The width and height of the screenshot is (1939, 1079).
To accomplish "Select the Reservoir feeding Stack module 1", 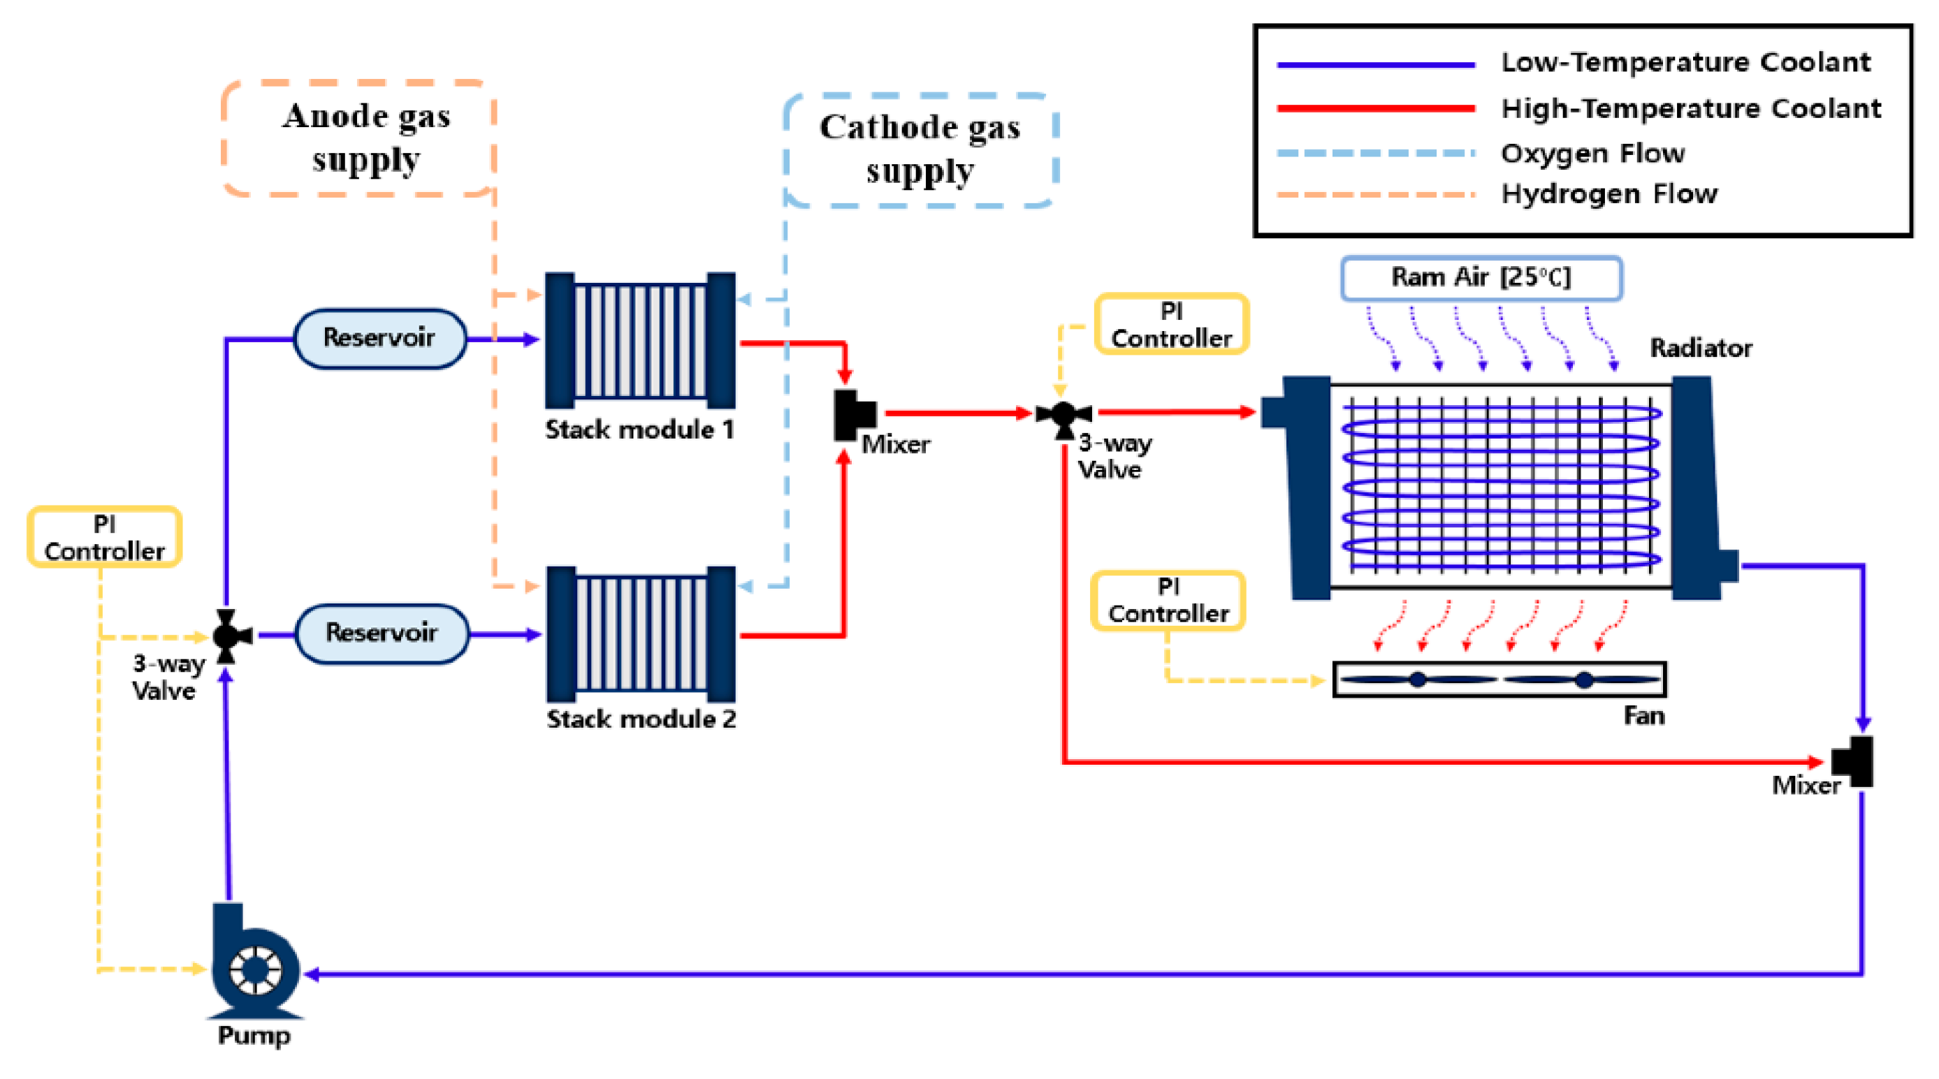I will pos(379,338).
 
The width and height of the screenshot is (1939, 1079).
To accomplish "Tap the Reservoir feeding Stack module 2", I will pos(382,633).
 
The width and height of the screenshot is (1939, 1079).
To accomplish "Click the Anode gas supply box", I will pos(359,138).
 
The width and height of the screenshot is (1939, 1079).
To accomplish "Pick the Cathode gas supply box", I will pos(920,149).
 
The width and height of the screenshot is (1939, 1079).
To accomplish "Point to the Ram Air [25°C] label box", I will pos(1481,278).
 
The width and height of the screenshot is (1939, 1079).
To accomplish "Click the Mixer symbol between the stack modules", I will pos(853,415).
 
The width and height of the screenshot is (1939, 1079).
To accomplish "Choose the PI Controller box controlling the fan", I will pos(1168,601).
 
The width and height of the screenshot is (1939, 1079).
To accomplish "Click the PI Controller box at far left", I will pos(105,537).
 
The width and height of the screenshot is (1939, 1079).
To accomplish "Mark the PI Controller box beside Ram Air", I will pos(1171,324).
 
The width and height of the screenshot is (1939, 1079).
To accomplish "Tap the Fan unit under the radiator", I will pos(1499,680).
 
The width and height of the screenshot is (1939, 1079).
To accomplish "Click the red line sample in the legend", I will pos(1375,109).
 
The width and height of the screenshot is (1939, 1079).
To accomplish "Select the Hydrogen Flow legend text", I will pos(1609,194).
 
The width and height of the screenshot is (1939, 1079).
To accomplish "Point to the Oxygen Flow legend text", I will pos(1592,154).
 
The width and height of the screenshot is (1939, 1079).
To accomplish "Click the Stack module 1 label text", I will pos(639,430).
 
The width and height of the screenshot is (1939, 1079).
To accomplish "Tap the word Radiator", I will pos(1701,348).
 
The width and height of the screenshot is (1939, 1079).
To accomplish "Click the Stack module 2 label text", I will pos(641,719).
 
